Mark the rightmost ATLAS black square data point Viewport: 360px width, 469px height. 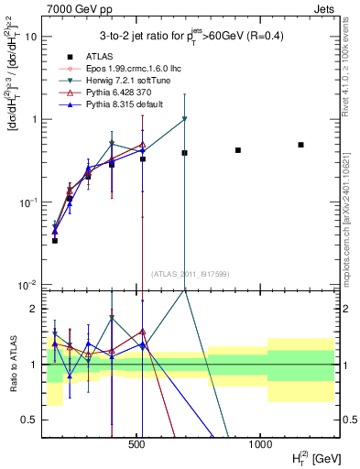pyautogui.click(x=300, y=145)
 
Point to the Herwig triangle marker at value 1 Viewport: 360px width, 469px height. pyautogui.click(x=184, y=119)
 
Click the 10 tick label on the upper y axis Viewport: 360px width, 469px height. pyautogui.click(x=32, y=37)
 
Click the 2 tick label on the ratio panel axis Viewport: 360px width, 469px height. pyautogui.click(x=35, y=309)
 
